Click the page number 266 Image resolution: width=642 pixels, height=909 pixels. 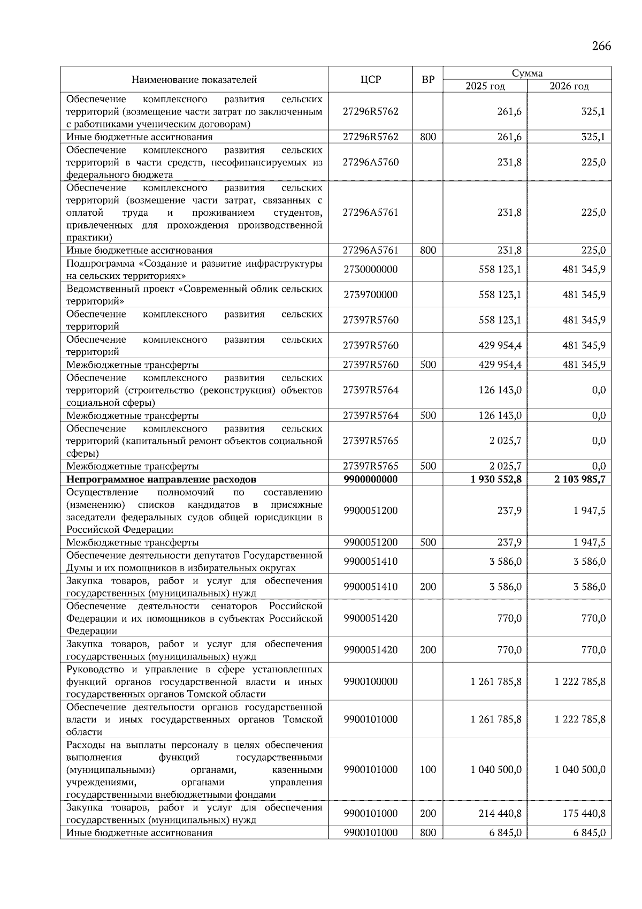click(601, 46)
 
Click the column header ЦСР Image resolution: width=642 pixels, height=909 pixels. click(371, 80)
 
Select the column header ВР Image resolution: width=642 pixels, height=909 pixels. click(428, 80)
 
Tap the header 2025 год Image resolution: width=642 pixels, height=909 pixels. click(485, 86)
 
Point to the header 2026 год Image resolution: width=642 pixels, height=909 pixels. click(569, 86)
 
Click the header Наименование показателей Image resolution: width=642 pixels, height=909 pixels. click(194, 80)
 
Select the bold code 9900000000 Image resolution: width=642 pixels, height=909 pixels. click(371, 479)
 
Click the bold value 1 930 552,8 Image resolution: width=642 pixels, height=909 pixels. click(496, 479)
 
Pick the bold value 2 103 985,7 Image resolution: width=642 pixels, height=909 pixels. click(580, 479)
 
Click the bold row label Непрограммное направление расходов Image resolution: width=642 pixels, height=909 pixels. click(161, 479)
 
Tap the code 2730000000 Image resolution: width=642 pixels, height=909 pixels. click(371, 269)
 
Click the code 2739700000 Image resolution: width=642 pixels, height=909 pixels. click(371, 295)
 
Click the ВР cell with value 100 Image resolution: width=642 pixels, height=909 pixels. click(428, 770)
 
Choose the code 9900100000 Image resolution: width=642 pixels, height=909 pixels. click(371, 681)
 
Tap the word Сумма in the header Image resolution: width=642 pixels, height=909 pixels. click(527, 73)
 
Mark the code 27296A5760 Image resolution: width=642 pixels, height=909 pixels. click(371, 162)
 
